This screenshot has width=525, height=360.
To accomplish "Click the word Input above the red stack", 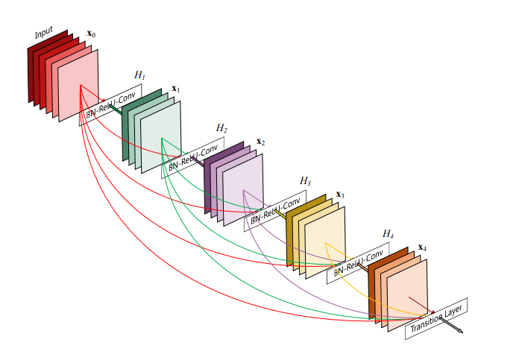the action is (x=44, y=33).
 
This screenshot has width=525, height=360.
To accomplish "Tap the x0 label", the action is (x=91, y=34).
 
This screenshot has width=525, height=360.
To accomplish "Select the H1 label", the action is (x=139, y=75).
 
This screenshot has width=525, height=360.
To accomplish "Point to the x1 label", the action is (x=176, y=89).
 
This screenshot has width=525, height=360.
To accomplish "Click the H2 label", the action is (x=221, y=127).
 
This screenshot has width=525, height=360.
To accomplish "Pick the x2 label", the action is (x=260, y=142).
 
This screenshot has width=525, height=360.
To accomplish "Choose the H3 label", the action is (x=305, y=181).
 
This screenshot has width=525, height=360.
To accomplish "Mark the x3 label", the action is (x=340, y=195).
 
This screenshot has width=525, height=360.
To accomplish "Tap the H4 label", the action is (x=388, y=233).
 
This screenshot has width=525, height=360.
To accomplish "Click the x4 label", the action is (x=422, y=247).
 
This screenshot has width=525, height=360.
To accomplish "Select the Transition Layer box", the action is (x=436, y=318).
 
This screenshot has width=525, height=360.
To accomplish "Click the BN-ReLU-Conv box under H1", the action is (x=110, y=105).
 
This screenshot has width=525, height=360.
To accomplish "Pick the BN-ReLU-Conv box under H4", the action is (x=358, y=263).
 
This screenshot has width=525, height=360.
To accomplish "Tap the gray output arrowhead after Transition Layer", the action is (x=460, y=331).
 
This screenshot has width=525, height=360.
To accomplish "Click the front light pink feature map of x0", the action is (x=78, y=86).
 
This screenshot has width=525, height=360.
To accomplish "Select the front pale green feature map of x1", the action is (x=161, y=137).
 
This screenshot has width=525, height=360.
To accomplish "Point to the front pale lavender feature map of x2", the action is (x=243, y=190).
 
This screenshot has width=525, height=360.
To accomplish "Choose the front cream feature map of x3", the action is (x=325, y=242).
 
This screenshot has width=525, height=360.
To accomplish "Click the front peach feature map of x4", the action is (x=407, y=295).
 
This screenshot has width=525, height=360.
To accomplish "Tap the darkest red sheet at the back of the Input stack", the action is (x=48, y=66).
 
